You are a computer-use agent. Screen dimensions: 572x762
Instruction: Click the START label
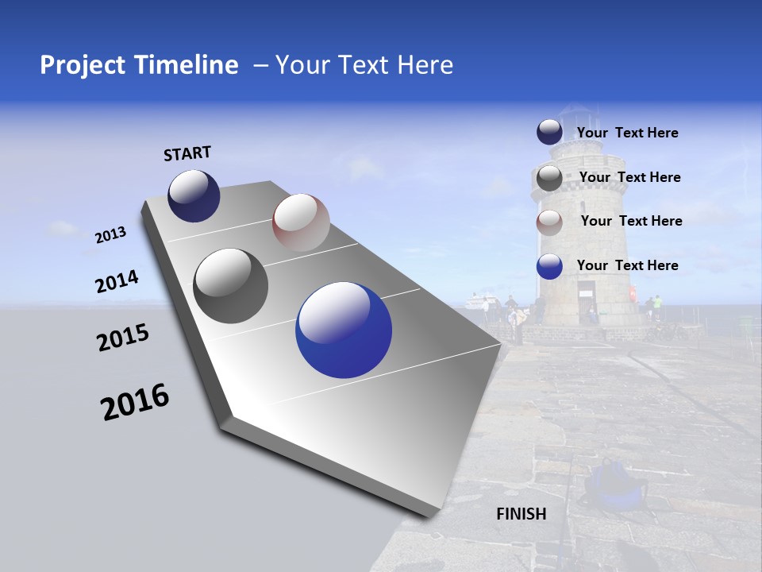[187, 153]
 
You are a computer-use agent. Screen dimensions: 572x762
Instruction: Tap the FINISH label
[521, 514]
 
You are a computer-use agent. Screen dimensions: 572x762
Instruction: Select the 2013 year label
[111, 235]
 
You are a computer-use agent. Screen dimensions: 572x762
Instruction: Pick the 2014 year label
[117, 282]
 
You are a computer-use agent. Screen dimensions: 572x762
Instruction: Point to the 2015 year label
[123, 338]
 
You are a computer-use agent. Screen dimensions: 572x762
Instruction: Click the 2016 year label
[135, 402]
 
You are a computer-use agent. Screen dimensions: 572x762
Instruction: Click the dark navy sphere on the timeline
[194, 196]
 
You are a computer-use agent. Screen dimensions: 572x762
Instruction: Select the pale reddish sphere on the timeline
[301, 222]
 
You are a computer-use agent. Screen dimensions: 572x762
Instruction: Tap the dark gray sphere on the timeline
[231, 286]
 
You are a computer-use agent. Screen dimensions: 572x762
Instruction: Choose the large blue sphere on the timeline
[344, 330]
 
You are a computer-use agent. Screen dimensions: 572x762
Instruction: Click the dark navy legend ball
[549, 133]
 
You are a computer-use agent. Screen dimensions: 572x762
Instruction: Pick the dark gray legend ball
[549, 178]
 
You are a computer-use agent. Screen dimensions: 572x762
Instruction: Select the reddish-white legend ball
[549, 222]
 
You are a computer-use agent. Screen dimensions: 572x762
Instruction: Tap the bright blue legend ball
[549, 266]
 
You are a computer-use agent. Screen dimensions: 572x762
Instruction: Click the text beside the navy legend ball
[627, 133]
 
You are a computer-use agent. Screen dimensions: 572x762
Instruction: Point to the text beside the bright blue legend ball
[627, 265]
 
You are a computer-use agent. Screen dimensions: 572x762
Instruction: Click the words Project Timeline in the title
[139, 65]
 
